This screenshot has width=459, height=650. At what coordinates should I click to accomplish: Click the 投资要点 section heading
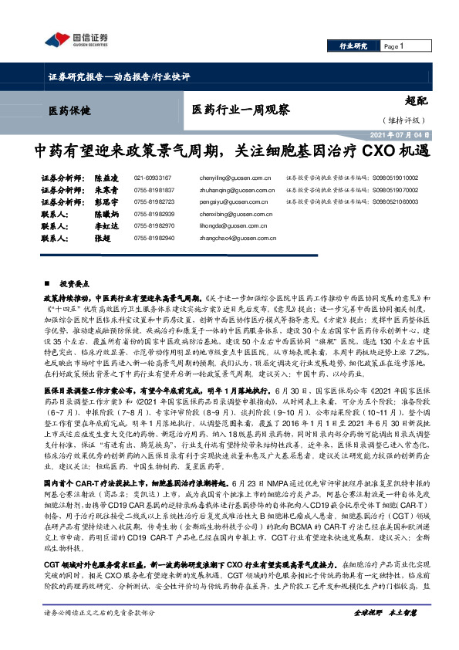(x=80, y=284)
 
